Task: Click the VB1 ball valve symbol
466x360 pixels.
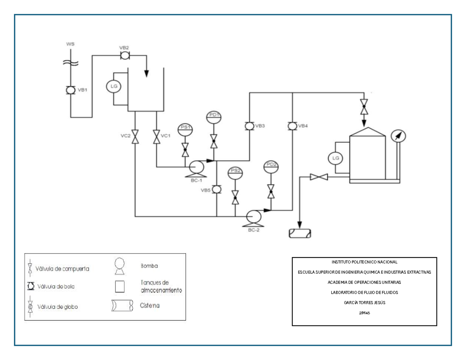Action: coord(70,90)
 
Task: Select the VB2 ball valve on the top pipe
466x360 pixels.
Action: coord(125,56)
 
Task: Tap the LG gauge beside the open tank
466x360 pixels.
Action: coord(113,86)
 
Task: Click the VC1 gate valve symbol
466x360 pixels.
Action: coord(156,137)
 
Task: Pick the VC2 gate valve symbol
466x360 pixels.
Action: coord(135,137)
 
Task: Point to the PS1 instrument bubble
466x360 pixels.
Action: coord(185,130)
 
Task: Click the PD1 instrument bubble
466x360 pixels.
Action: coord(214,117)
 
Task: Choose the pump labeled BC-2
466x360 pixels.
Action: coord(254,216)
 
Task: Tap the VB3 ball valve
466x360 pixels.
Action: coord(249,126)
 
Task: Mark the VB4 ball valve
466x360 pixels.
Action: coord(292,126)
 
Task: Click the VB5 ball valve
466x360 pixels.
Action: coord(217,190)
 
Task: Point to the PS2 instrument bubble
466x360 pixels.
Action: coord(235,173)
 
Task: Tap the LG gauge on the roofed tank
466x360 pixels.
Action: coord(335,158)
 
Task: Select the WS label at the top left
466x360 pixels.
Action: coord(70,44)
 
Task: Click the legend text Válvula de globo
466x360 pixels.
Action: coord(57,306)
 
